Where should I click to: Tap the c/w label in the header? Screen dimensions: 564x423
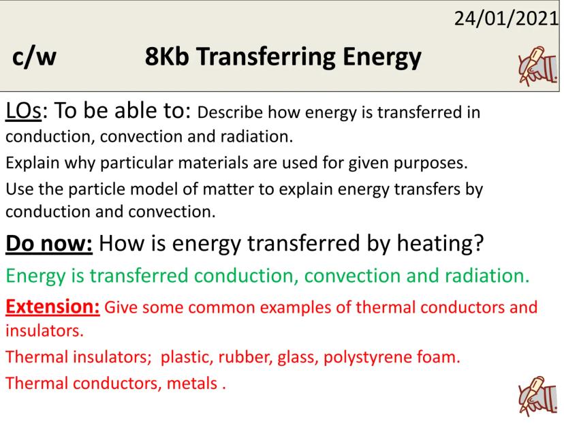(34, 57)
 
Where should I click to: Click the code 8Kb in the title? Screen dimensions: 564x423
(167, 57)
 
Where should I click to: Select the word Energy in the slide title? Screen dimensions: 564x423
(381, 58)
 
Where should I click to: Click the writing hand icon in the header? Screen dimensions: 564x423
(537, 66)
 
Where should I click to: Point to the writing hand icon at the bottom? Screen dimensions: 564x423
(537, 396)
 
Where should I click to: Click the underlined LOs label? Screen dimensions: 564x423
(23, 110)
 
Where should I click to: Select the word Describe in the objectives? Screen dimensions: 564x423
(230, 112)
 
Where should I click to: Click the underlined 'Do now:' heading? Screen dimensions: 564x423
(49, 243)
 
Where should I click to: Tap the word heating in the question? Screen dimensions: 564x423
(440, 244)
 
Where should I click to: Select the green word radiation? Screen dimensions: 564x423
(487, 276)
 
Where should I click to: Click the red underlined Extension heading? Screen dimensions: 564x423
(52, 307)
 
